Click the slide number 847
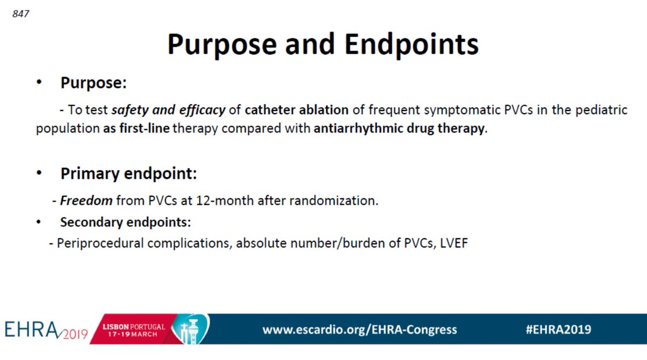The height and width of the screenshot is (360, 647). click(20, 14)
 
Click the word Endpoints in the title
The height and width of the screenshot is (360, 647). click(411, 44)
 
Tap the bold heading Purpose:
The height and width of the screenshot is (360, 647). click(94, 83)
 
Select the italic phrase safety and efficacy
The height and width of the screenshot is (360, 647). click(168, 110)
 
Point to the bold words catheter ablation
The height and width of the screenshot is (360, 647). click(296, 110)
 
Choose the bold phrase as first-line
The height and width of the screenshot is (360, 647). click(137, 130)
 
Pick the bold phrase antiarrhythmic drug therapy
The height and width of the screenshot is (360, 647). click(399, 130)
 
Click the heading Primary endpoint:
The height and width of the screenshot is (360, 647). click(128, 174)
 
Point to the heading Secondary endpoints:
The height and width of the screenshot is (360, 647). click(126, 222)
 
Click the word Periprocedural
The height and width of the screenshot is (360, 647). click(100, 243)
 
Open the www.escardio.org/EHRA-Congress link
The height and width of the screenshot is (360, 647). click(360, 329)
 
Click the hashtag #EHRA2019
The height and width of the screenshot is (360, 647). click(558, 329)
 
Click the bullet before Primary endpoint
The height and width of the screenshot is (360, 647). click(39, 174)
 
